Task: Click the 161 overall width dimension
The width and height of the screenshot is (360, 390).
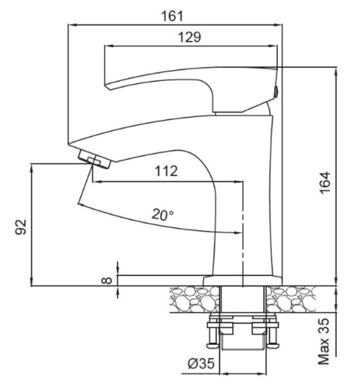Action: pos(172,16)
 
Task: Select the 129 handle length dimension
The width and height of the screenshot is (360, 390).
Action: pos(189,37)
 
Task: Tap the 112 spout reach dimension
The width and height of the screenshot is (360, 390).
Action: pos(166,171)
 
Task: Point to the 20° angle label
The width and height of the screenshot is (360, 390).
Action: pos(163,214)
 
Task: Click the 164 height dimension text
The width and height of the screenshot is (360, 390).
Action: pos(325,182)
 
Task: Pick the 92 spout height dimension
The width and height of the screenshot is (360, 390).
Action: pos(21,227)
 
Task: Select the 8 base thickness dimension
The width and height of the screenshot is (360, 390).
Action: pos(107,280)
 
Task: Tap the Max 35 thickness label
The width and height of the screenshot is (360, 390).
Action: pos(324,341)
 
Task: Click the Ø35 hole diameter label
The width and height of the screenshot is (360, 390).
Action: pos(201,364)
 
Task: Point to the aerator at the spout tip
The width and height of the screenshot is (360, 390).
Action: pos(94,159)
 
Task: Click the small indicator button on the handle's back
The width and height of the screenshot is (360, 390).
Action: pos(275,92)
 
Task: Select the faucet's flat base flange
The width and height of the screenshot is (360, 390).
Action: pos(242,281)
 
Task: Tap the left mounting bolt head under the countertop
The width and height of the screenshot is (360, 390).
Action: pos(213,345)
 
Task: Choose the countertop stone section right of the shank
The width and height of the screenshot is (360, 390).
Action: pos(291,299)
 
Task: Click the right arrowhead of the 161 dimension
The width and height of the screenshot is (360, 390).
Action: pos(278,25)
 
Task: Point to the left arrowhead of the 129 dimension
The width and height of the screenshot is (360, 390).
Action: pos(109,46)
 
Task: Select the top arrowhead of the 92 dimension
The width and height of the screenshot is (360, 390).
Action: pos(32,168)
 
